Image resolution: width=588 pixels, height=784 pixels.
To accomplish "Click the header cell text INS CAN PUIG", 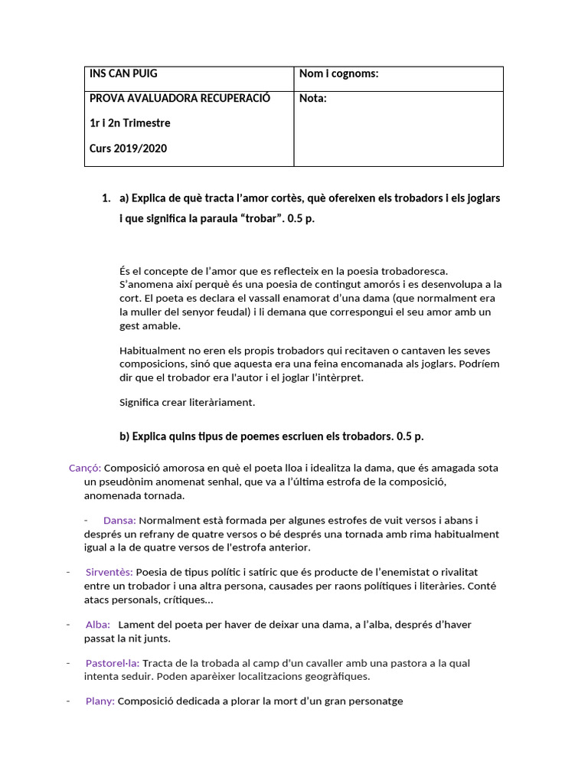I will [123, 73].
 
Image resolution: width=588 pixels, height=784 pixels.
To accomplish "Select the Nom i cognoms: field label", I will [338, 73].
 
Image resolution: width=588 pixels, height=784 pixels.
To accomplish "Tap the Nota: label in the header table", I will [312, 98].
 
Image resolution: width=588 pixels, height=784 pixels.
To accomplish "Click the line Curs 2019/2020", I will [128, 149].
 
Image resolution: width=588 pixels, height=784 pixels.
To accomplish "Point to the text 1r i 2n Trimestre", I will [129, 123].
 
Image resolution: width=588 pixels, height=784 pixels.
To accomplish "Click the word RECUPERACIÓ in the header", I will [234, 98].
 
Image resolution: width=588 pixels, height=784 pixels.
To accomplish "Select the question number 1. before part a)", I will [106, 198].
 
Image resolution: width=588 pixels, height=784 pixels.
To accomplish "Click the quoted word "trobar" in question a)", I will [261, 219].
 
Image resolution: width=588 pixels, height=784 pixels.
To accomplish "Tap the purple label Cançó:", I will [85, 468].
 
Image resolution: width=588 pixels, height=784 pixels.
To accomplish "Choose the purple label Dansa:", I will [119, 520].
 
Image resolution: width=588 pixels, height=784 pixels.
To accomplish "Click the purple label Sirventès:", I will [109, 572].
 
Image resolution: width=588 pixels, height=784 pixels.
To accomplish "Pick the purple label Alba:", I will [97, 624].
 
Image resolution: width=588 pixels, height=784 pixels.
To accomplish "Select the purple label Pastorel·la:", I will [113, 663].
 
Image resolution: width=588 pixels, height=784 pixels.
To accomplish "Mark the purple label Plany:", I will [100, 701].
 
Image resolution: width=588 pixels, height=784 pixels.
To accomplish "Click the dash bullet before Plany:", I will [68, 700].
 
